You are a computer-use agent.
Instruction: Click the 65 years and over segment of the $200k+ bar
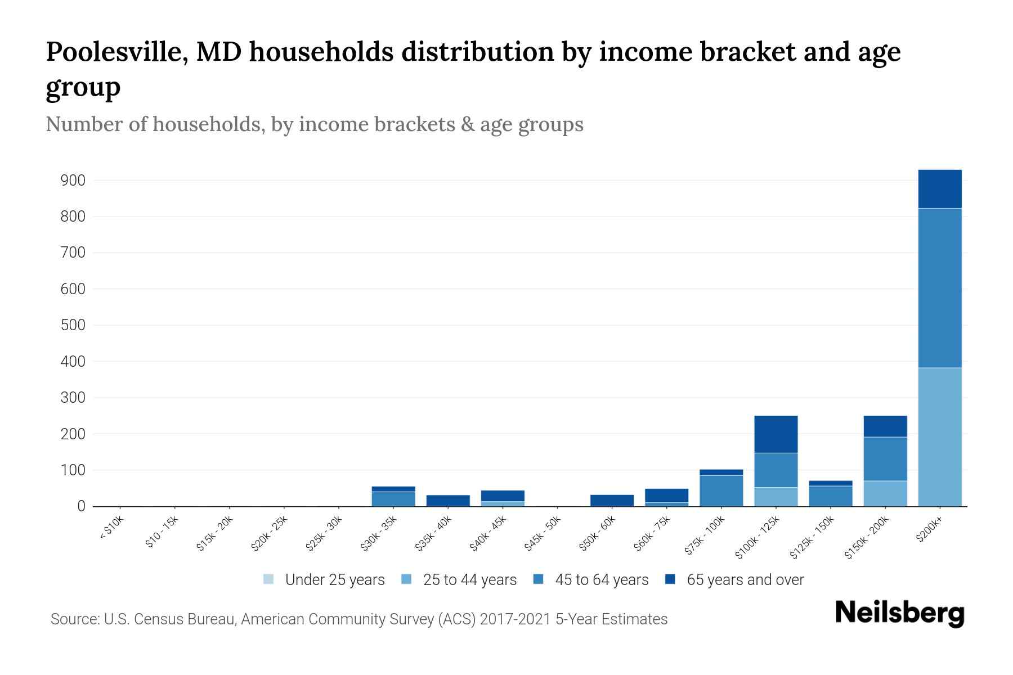939,189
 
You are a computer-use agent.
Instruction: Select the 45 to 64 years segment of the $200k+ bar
939,288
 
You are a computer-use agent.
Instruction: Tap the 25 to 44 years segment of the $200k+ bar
939,437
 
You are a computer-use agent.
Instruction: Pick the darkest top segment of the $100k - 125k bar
776,434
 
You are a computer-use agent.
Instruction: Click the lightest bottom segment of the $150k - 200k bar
885,493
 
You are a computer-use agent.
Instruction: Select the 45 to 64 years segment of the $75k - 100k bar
721,490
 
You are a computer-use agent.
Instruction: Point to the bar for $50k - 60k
612,500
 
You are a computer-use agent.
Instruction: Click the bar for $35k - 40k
448,500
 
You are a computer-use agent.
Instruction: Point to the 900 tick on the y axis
73,181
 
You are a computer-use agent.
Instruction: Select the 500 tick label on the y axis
73,325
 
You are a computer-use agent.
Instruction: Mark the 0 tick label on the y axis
81,506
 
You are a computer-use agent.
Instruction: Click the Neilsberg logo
899,613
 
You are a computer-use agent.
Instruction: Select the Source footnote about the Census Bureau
359,619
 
